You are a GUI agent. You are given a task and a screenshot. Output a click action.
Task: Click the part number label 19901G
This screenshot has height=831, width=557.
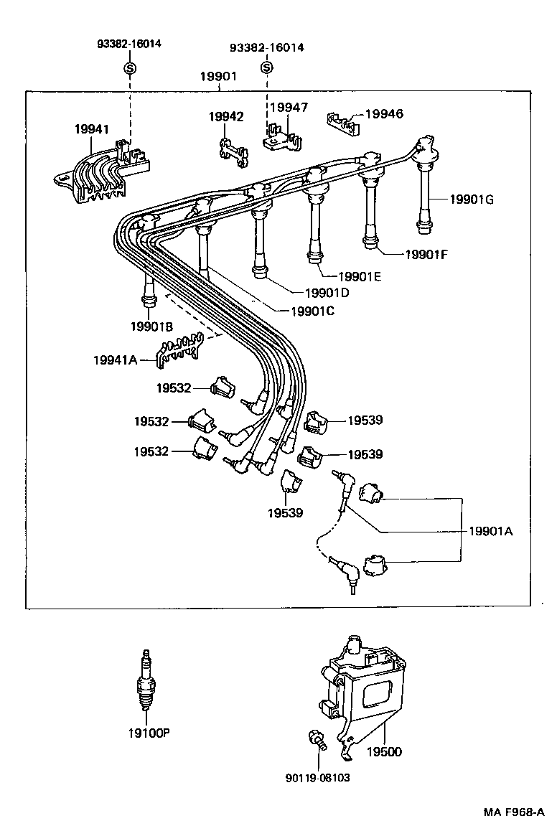(x=472, y=199)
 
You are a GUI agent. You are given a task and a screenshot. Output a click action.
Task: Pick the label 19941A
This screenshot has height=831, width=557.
(x=114, y=360)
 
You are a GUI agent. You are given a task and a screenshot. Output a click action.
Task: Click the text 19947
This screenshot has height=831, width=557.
(x=289, y=108)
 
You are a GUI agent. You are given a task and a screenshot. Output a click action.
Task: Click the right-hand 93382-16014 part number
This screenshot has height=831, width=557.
(x=266, y=47)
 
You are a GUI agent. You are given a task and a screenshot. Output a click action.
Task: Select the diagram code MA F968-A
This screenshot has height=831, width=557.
(x=513, y=813)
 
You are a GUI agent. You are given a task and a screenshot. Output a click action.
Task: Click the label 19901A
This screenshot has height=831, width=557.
(x=491, y=531)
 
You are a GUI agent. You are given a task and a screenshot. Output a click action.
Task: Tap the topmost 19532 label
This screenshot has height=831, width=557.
(x=174, y=388)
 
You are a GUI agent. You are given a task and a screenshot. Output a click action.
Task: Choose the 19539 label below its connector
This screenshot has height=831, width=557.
(x=285, y=513)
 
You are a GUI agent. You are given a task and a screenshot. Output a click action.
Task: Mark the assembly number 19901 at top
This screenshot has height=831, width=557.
(x=218, y=77)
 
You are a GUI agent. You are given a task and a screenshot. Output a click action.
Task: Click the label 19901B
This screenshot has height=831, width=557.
(x=151, y=327)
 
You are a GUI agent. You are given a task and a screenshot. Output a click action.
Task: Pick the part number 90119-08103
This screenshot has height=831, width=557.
(x=317, y=778)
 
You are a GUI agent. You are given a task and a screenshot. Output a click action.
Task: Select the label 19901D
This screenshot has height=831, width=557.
(x=327, y=293)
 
